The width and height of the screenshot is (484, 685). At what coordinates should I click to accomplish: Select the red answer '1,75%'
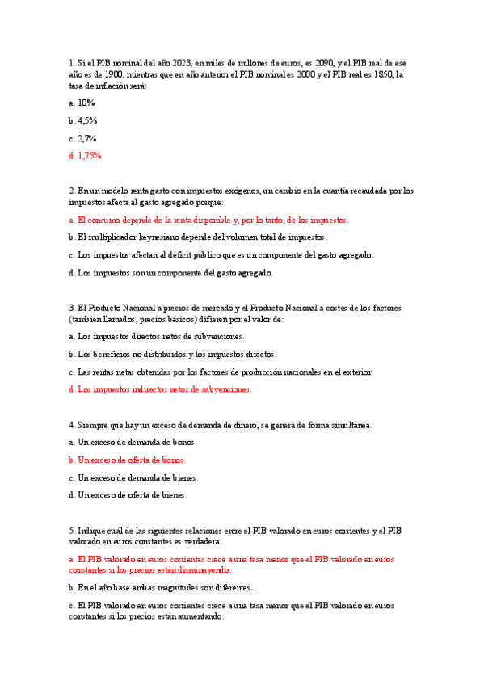[89, 155]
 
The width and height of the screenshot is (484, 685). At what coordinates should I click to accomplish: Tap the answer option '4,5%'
[87, 120]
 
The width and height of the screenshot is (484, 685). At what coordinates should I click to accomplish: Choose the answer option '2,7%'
[87, 138]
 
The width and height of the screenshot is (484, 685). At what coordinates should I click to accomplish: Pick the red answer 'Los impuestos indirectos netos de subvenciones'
[165, 389]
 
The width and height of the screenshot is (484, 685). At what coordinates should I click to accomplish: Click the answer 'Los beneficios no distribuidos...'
[177, 354]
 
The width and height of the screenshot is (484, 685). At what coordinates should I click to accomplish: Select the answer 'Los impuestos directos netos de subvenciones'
[161, 336]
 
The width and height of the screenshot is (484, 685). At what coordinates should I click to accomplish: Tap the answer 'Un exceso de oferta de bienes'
[133, 495]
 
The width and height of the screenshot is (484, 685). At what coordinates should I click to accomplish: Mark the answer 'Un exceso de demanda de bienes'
[137, 477]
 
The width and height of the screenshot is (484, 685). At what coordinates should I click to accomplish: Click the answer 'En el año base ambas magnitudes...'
[166, 588]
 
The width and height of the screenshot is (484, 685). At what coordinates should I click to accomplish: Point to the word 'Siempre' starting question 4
[90, 425]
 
